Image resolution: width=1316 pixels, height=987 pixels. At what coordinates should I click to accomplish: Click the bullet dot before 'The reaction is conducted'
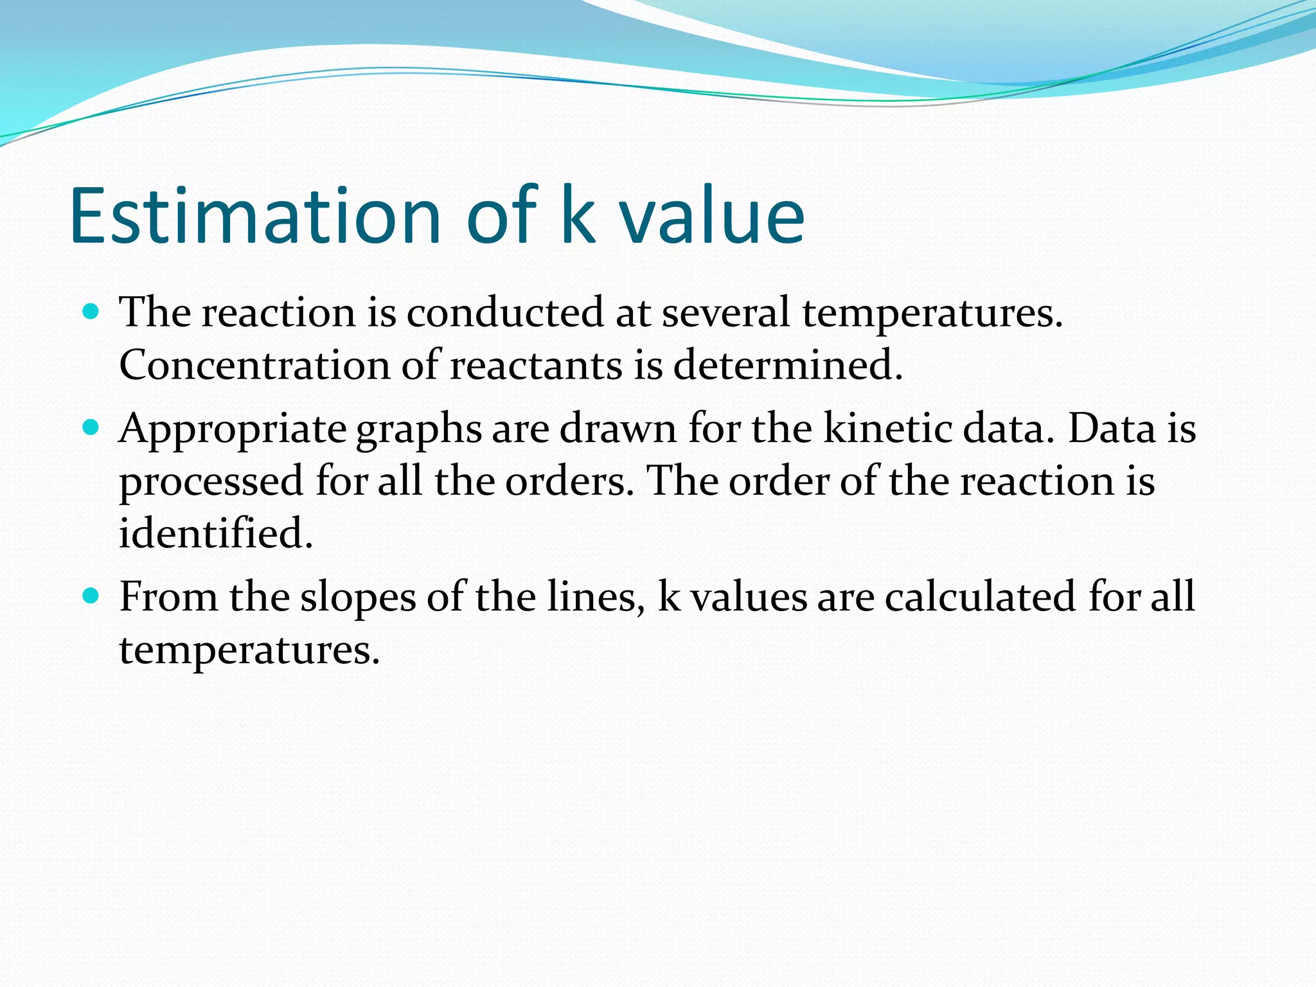pos(91,312)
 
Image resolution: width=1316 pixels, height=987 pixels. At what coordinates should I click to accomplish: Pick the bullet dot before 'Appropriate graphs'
pos(91,428)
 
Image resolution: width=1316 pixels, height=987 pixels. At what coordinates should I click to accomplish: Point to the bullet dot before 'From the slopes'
pos(91,596)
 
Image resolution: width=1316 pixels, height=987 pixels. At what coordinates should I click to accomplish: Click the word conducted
pos(504,313)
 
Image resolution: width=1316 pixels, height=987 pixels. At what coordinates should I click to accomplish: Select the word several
pos(725,313)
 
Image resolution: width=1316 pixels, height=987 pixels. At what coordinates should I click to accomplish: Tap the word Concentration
pos(254,365)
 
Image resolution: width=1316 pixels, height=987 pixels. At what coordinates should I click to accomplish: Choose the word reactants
pos(536,365)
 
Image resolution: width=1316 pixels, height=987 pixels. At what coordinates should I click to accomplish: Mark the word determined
pos(788,365)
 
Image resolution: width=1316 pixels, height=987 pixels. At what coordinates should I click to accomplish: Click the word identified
pos(216,533)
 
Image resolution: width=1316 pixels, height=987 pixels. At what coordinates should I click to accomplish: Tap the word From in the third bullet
pos(168,596)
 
